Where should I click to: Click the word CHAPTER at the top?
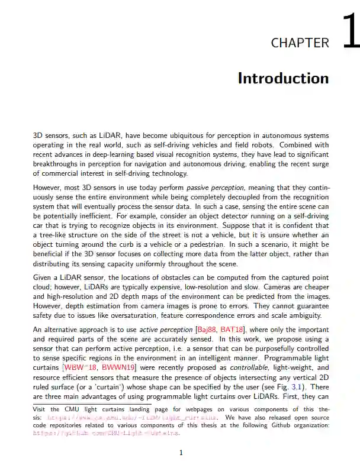coord(300,43)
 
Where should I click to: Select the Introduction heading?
coord(283,79)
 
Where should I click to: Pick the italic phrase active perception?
coord(163,330)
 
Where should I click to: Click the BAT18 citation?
coord(231,330)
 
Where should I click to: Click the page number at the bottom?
coord(181,453)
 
